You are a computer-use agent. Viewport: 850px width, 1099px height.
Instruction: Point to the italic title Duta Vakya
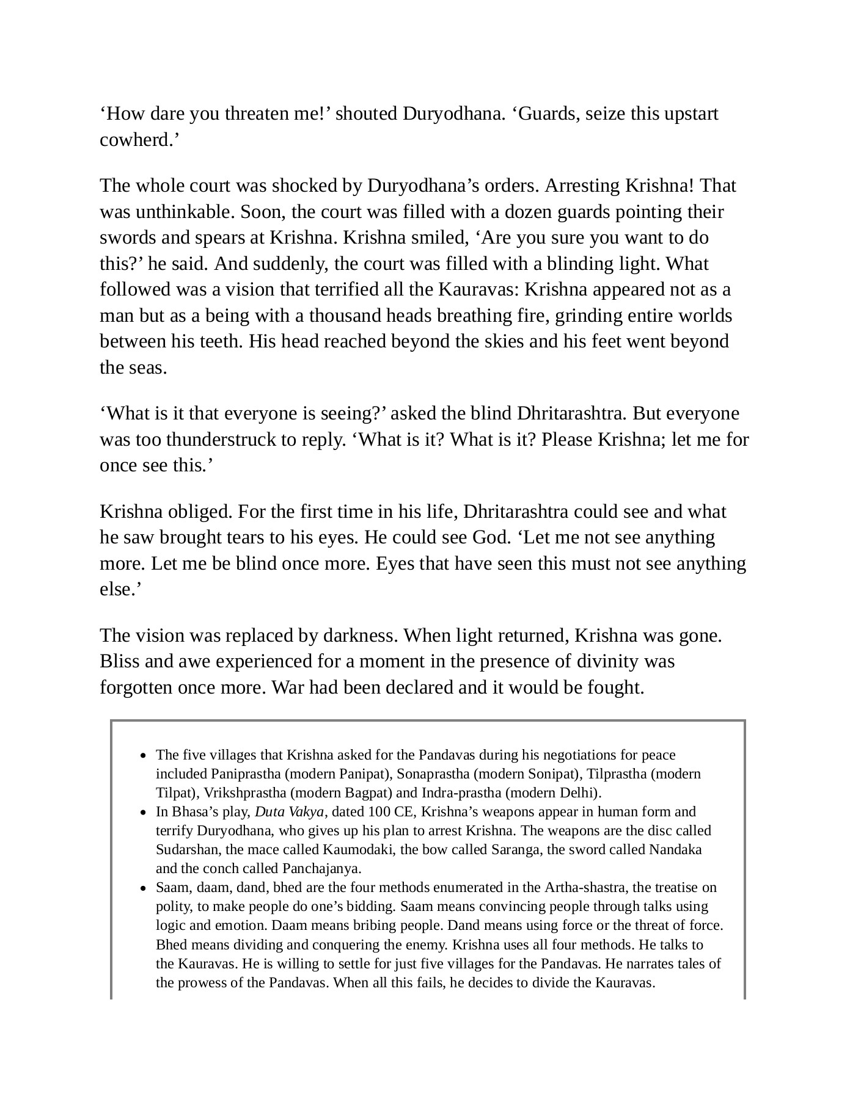(x=289, y=812)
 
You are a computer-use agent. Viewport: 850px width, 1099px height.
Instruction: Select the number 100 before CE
(x=379, y=812)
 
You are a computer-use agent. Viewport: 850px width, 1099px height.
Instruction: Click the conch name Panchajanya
(x=321, y=869)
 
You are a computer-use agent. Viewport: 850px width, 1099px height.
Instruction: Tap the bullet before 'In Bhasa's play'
(x=143, y=813)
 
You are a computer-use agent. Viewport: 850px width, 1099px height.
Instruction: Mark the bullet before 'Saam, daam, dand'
(x=143, y=888)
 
